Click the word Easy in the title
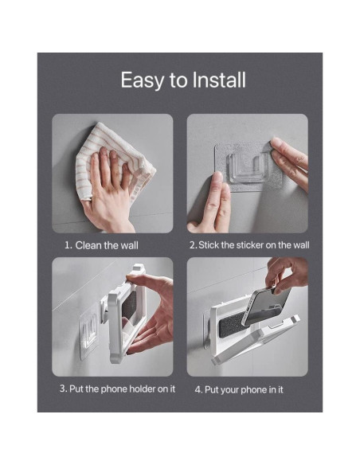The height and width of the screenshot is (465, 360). pyautogui.click(x=139, y=80)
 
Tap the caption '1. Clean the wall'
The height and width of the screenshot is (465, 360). pyautogui.click(x=101, y=245)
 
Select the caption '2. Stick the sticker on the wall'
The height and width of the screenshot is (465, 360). pyautogui.click(x=248, y=245)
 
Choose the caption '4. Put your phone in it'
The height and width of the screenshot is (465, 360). pyautogui.click(x=239, y=389)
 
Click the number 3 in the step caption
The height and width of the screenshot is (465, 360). pyautogui.click(x=62, y=389)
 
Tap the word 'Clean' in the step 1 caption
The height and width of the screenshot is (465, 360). pyautogui.click(x=89, y=245)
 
